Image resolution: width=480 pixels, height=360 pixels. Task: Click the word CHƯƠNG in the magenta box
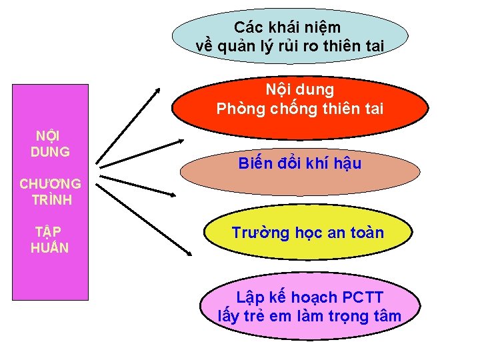(51, 183)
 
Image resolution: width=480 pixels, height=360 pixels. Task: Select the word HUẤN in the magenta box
(49, 248)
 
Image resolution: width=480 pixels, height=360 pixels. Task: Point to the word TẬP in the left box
(48, 232)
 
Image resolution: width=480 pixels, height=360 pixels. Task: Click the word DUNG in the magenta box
(50, 151)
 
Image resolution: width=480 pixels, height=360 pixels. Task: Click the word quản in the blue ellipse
(246, 46)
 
